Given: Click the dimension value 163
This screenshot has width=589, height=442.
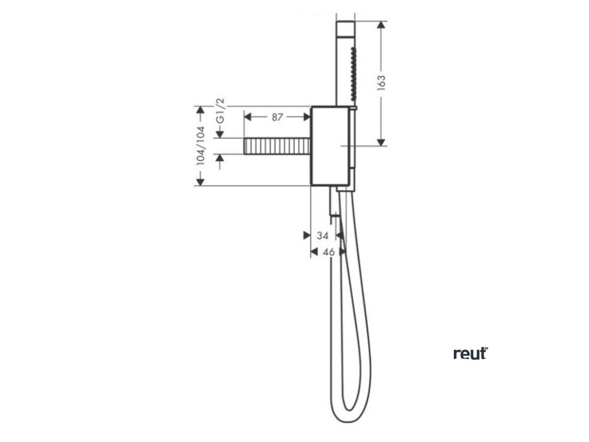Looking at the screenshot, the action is [382, 82].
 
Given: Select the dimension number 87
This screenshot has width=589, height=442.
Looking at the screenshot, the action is [277, 117].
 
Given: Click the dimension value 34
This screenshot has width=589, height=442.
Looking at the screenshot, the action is [323, 235].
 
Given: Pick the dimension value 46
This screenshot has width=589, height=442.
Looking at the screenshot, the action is [328, 252].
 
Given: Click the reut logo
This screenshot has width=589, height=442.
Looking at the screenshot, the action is [470, 353].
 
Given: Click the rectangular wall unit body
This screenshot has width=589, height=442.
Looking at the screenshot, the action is [330, 146].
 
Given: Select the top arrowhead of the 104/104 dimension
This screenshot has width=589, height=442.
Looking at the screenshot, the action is [200, 110].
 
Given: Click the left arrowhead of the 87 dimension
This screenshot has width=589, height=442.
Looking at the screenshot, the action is [248, 117].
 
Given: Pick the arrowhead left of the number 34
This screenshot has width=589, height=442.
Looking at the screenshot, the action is [306, 235].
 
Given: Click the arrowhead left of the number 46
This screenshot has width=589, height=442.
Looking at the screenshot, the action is [314, 252].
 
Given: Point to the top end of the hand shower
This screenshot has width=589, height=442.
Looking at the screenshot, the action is [345, 24].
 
